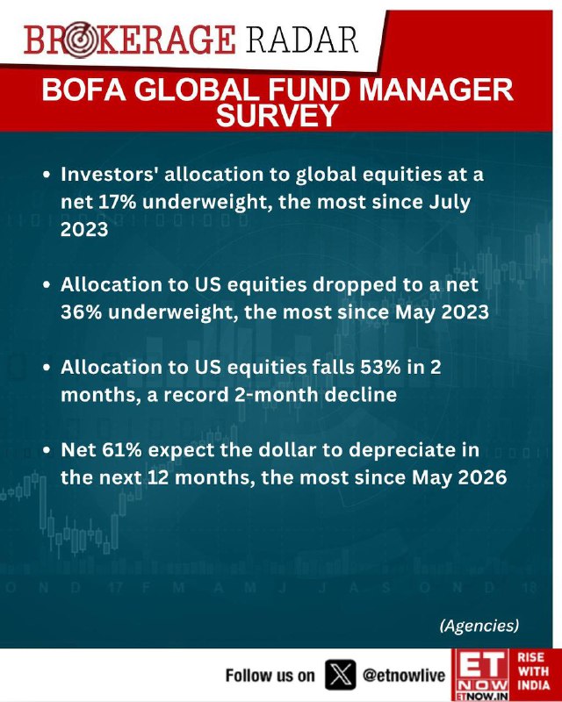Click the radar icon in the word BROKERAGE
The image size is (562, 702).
click(x=78, y=40)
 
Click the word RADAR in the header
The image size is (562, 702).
click(x=302, y=39)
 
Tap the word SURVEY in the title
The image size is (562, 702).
click(x=277, y=115)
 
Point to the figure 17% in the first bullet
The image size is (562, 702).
click(x=116, y=202)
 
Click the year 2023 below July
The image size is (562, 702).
click(x=84, y=229)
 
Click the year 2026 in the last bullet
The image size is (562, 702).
click(x=482, y=477)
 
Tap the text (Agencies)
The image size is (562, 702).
click(x=479, y=626)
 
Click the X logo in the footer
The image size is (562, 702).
click(x=341, y=675)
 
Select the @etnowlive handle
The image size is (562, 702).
click(x=404, y=675)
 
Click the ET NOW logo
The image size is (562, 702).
click(x=480, y=675)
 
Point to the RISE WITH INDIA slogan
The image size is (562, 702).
click(x=533, y=670)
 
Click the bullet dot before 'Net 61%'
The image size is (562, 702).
click(x=47, y=451)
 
